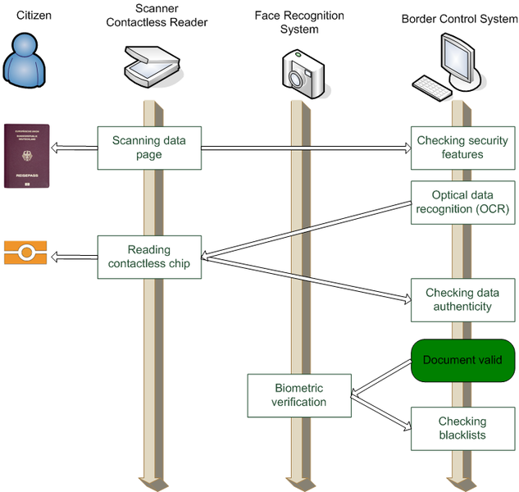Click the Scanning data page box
pyautogui.click(x=148, y=148)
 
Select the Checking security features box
pyautogui.click(x=462, y=148)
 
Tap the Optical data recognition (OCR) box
pyautogui.click(x=462, y=202)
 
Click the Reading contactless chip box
pyautogui.click(x=148, y=257)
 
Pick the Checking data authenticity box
pyautogui.click(x=462, y=299)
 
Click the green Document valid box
pyautogui.click(x=462, y=360)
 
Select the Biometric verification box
pyautogui.click(x=299, y=395)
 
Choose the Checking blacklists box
pyautogui.click(x=462, y=428)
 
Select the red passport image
pyautogui.click(x=26, y=156)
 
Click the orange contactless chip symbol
pyautogui.click(x=25, y=253)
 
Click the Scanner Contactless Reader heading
pyautogui.click(x=157, y=16)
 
